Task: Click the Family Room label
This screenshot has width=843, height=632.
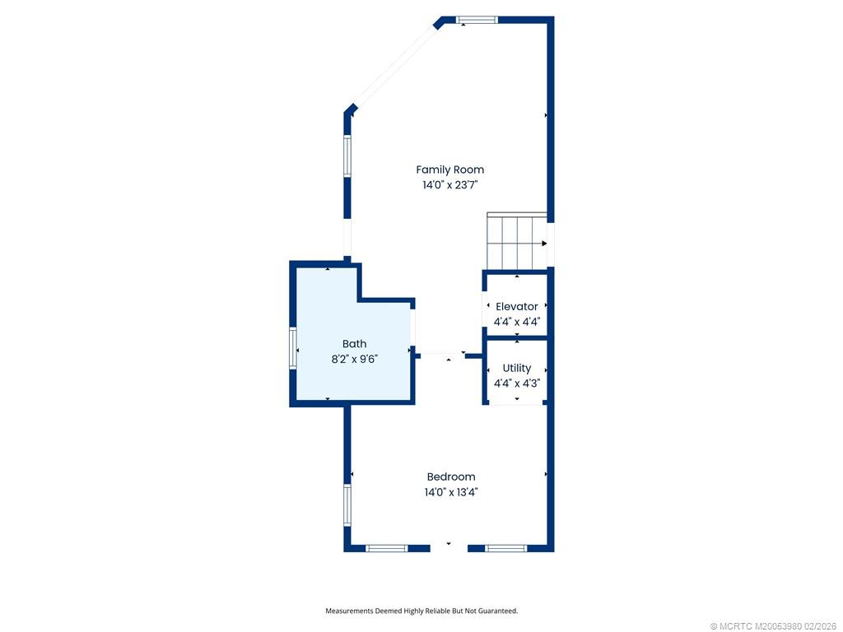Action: click(x=449, y=170)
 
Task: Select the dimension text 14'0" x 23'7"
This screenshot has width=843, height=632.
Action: click(x=449, y=185)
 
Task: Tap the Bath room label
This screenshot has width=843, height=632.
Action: click(x=355, y=344)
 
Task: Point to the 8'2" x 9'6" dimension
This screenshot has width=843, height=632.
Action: click(x=354, y=359)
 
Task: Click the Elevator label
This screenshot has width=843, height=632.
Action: click(x=517, y=307)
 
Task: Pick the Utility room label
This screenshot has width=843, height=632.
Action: click(x=517, y=368)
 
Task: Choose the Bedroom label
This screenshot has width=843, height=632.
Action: click(x=451, y=476)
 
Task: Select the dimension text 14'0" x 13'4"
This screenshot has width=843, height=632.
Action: click(x=451, y=492)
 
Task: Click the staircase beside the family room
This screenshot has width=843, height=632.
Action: click(x=516, y=242)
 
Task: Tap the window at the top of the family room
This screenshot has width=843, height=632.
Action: click(x=477, y=20)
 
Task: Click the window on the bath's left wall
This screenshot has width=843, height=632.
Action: click(x=293, y=347)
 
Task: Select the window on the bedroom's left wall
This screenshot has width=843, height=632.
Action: click(x=347, y=504)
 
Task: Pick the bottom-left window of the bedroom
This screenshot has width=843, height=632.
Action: click(x=386, y=548)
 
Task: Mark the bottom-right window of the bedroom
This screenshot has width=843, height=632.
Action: click(x=505, y=548)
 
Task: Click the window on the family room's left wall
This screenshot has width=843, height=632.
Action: click(x=347, y=156)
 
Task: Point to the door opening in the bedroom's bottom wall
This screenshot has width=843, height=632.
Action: click(x=449, y=547)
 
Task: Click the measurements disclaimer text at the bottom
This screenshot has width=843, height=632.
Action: click(x=421, y=611)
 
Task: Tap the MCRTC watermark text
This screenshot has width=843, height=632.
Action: click(x=773, y=626)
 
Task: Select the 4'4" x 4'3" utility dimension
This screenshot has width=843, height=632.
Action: click(x=517, y=383)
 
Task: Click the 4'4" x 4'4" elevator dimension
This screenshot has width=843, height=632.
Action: click(x=517, y=323)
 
